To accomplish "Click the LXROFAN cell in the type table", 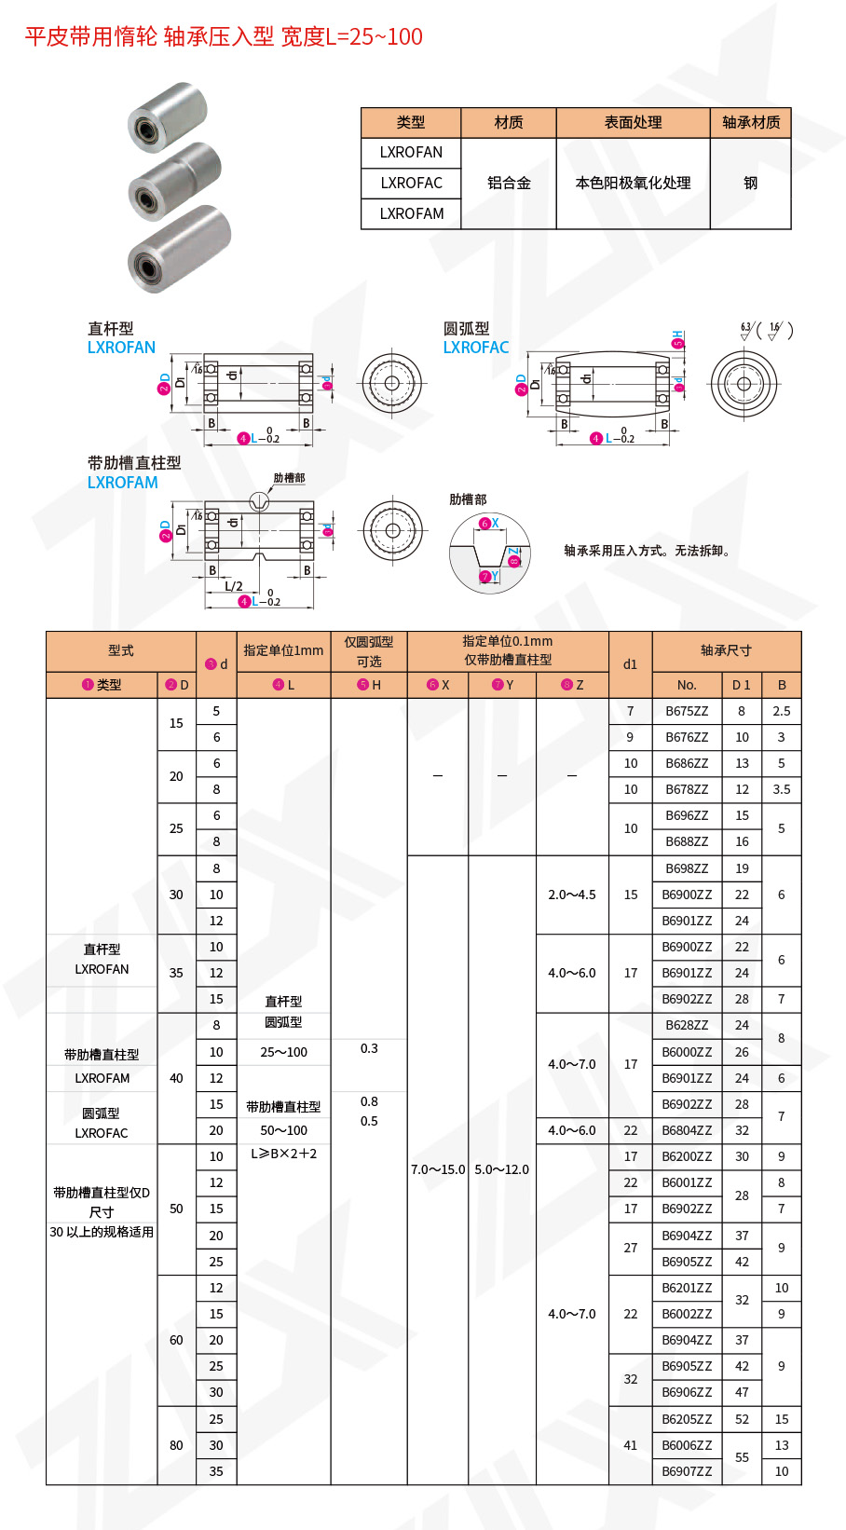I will click(x=411, y=153).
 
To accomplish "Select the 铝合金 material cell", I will click(x=509, y=184).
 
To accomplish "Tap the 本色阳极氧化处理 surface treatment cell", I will click(x=633, y=184).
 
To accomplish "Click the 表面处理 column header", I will click(x=633, y=123).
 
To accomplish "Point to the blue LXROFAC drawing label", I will click(x=475, y=348).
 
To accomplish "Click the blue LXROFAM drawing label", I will click(x=123, y=483).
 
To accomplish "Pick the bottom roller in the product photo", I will click(x=179, y=249).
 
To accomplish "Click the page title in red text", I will click(x=224, y=37).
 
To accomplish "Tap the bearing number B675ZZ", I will click(x=687, y=711).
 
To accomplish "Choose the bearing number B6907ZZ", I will click(x=687, y=1471).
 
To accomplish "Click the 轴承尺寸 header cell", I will click(x=726, y=651).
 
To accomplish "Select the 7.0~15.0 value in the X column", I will click(x=437, y=1169).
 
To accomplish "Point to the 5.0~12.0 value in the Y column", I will click(x=501, y=1169).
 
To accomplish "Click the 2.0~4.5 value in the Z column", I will click(x=572, y=895).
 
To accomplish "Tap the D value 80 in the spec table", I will click(x=176, y=1445).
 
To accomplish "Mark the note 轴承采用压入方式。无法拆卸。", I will click(x=648, y=551).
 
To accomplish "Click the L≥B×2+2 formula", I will click(x=283, y=1154).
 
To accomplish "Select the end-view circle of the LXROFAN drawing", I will click(x=391, y=383).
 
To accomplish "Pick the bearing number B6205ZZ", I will click(x=687, y=1419).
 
